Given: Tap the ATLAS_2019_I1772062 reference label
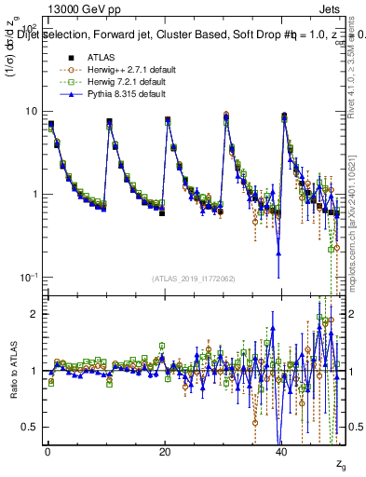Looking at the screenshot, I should (x=193, y=278).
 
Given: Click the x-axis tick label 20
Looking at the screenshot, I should (x=165, y=451).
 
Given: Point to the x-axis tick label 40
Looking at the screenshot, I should (x=281, y=451).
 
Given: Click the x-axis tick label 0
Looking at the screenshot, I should (x=47, y=451).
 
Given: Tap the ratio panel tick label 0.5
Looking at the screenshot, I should (x=32, y=427).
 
